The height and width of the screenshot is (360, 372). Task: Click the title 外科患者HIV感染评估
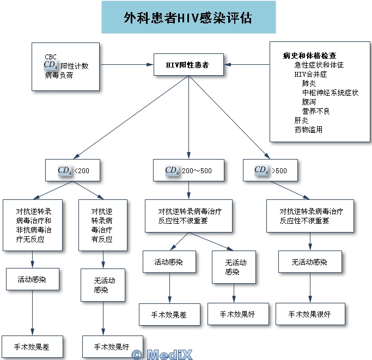click(x=188, y=18)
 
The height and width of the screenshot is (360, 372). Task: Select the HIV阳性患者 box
click(x=188, y=65)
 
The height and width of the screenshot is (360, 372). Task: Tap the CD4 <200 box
click(x=72, y=170)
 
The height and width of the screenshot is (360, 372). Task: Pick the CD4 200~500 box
click(x=188, y=170)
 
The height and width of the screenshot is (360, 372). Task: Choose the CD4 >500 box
click(x=270, y=170)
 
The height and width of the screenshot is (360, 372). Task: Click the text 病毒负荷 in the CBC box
click(x=59, y=75)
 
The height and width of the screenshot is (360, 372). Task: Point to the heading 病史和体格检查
click(x=309, y=56)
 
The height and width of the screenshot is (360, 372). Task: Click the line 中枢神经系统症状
click(x=330, y=93)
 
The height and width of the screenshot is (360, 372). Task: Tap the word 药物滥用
click(x=308, y=130)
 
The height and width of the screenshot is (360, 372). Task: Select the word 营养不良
click(x=316, y=111)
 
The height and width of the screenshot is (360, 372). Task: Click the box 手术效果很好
click(x=310, y=314)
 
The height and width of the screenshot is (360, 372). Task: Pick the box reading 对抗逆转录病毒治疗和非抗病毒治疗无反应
click(x=33, y=225)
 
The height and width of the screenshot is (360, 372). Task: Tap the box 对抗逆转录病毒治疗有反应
click(x=103, y=225)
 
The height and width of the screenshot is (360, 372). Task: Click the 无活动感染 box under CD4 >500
click(x=310, y=262)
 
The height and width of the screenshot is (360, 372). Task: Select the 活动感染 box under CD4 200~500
click(x=169, y=262)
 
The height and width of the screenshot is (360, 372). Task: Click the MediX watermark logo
click(x=162, y=355)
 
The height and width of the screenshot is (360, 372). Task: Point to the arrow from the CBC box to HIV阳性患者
click(x=126, y=64)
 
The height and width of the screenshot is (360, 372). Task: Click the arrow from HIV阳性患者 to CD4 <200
click(x=131, y=117)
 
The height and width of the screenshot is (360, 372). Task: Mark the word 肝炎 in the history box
click(x=301, y=120)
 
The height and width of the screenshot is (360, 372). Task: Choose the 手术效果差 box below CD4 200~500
click(x=169, y=314)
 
